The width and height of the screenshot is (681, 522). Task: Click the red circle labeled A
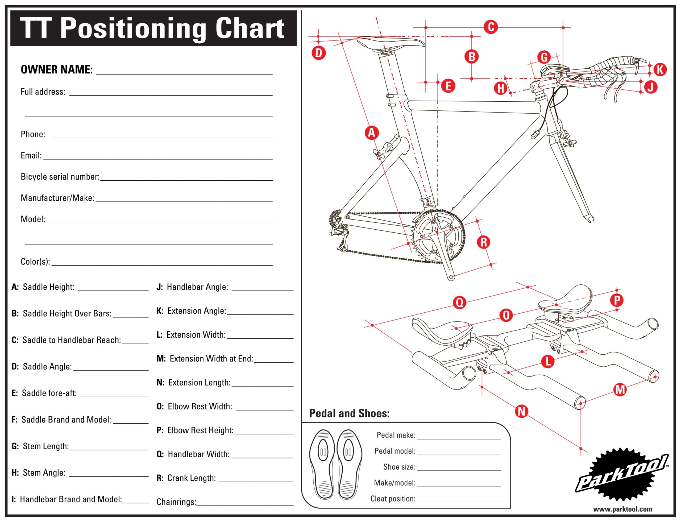coord(371,133)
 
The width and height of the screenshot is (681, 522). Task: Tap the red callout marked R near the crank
coord(483,242)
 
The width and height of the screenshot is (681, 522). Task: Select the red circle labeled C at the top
coord(491,27)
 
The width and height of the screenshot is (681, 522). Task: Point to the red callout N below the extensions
coord(521,411)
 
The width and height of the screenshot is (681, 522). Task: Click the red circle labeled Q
coord(459,302)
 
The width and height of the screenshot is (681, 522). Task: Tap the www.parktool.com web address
coord(622,509)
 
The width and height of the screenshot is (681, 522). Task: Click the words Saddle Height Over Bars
coord(67,313)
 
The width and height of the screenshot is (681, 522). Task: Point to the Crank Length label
coord(191,478)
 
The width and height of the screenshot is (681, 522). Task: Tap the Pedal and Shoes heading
coord(349,413)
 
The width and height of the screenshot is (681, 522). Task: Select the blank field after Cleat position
coord(459,499)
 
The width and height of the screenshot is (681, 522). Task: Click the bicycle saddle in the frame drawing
coord(390,43)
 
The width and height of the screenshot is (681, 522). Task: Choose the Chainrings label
coord(176,502)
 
